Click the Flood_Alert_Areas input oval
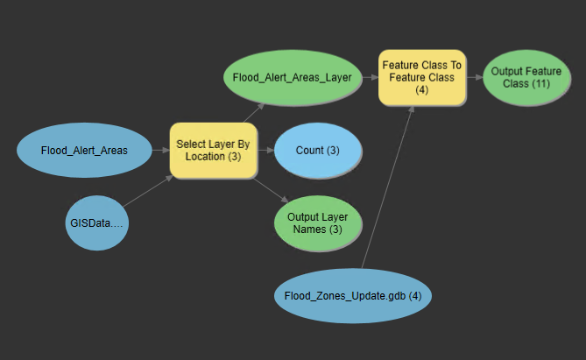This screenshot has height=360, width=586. tap(84, 150)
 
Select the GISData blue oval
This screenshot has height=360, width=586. tap(97, 222)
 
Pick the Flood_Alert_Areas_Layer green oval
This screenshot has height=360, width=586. tap(292, 77)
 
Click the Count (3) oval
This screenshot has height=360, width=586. tap(317, 150)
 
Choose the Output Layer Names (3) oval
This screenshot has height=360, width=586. tap(317, 223)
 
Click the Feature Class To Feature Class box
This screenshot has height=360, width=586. tap(420, 77)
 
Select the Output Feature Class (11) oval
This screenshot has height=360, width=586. tap(520, 77)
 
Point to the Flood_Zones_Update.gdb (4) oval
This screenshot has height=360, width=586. tap(353, 296)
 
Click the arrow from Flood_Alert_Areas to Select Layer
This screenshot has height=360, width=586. tap(160, 150)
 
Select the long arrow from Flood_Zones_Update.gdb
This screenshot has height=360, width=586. tap(385, 188)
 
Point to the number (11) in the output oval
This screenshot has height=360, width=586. tap(540, 83)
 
